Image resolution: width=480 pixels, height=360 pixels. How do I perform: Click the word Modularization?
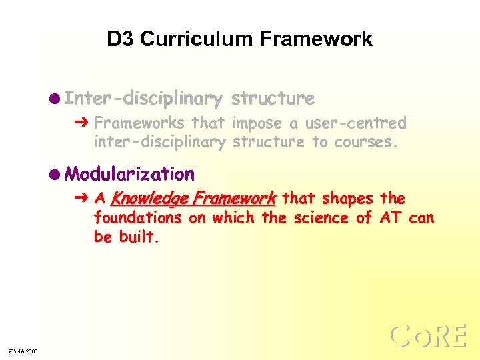[130, 175]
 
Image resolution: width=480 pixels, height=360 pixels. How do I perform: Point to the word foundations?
[138, 218]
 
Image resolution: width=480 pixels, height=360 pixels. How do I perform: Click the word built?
[139, 237]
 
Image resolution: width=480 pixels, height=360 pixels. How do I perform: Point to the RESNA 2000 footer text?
[23, 351]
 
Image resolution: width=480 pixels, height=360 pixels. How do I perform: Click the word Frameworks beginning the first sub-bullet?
[139, 123]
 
